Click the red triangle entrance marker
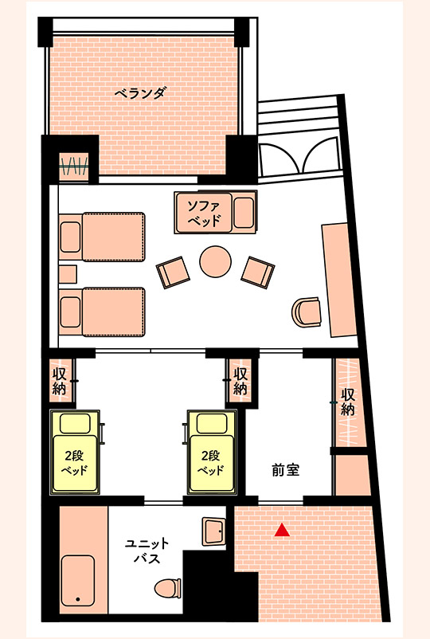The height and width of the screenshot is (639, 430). tap(280, 530)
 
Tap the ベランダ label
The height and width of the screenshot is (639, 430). tap(140, 92)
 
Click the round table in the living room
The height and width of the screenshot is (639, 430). tap(214, 261)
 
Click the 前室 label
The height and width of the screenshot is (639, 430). tap(285, 470)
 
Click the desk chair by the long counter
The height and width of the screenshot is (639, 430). tap(306, 312)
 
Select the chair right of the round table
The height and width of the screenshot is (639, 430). tap(256, 272)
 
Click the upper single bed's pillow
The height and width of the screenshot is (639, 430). tap(70, 236)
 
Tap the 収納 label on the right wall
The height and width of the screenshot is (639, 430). tap(347, 402)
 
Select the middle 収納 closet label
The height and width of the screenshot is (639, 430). tap(239, 381)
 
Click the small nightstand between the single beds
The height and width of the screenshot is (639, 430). tap(66, 274)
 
